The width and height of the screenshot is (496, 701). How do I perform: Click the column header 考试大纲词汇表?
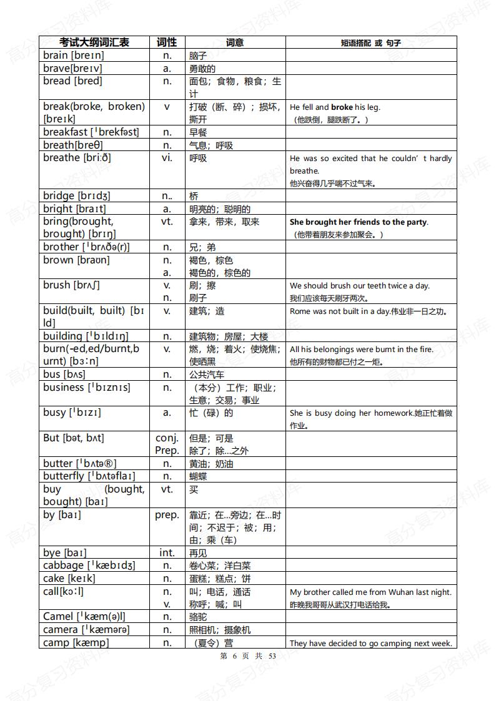[x=94, y=42]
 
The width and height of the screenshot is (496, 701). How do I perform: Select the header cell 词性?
[x=167, y=42]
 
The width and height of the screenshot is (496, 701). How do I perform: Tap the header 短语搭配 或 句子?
[x=371, y=43]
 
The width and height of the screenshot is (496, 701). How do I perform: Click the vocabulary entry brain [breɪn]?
[x=74, y=55]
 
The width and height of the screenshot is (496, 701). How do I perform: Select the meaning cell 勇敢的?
[x=202, y=69]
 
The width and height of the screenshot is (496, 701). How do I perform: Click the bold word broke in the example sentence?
[x=342, y=107]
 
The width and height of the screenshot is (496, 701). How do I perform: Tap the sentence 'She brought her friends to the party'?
[x=359, y=222]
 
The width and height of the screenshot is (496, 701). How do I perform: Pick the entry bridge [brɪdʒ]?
[x=76, y=196]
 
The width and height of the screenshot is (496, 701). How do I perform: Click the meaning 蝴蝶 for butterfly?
[x=198, y=476]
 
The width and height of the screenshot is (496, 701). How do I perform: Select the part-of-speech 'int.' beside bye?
[x=167, y=552]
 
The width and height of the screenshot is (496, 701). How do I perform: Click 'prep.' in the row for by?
[x=167, y=515]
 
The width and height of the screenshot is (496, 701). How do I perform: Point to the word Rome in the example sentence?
[x=300, y=311]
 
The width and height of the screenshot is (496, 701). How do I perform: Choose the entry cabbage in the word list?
[x=63, y=566]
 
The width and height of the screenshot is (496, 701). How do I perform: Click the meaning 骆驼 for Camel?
[x=198, y=617]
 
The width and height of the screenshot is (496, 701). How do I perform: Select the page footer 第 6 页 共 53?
[x=248, y=655]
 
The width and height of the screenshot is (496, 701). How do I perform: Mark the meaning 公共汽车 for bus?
[x=207, y=375]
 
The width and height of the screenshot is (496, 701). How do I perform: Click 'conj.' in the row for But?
[x=167, y=438]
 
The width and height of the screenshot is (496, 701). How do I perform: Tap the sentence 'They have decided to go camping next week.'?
[x=370, y=643]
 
